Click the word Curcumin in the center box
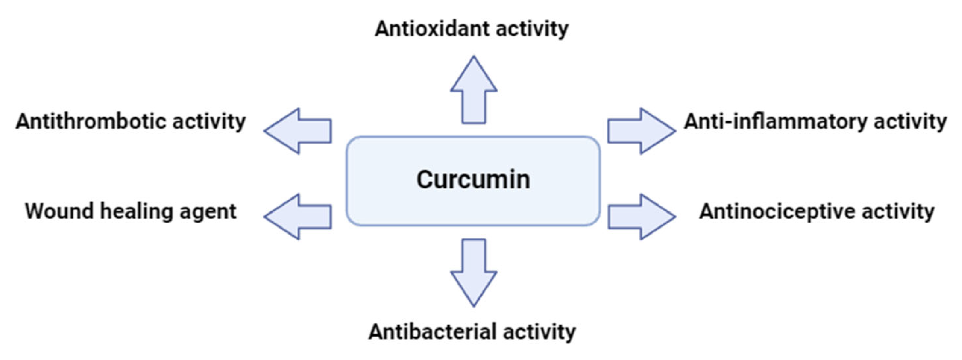point(473,180)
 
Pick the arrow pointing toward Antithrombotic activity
point(299,131)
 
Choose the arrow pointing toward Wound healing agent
point(299,217)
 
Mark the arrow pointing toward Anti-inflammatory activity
point(641,131)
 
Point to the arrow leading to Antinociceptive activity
point(641,217)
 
